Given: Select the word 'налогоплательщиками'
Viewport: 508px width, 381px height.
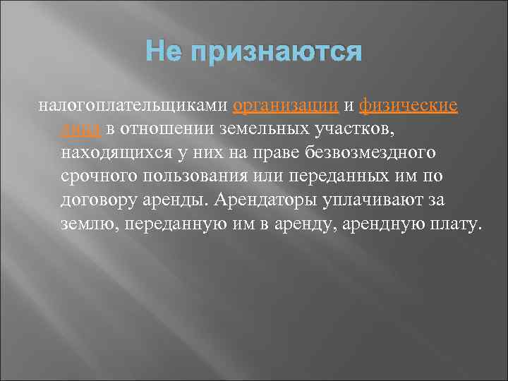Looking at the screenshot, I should (132, 107).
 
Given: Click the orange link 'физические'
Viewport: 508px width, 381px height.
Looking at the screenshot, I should (409, 107).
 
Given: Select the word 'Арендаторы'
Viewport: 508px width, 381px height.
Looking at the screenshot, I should (263, 201).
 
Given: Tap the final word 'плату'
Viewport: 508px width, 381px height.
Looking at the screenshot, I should (458, 225).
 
